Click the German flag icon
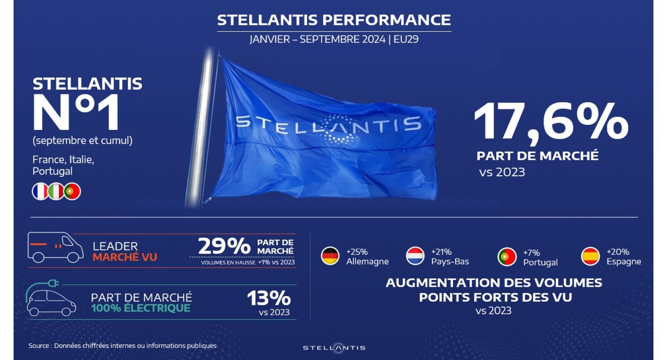330,256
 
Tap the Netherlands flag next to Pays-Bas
415,256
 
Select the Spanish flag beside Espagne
590,256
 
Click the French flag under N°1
40,191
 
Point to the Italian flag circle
56,191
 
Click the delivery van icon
55,247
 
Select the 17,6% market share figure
551,122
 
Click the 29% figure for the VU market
224,246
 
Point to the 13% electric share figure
268,298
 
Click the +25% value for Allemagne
357,252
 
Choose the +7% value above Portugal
532,253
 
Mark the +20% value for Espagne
618,252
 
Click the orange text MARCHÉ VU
125,257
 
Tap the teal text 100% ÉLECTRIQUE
140,308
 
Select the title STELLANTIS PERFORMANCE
334,20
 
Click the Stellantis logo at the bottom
334,348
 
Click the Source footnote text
123,346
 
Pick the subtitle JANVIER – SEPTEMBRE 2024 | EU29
334,39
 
